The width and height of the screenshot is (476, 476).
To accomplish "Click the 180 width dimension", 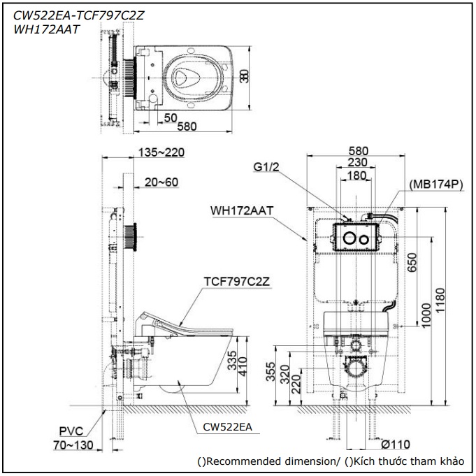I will (356, 175).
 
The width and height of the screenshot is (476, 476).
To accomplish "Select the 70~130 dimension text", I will (73, 445).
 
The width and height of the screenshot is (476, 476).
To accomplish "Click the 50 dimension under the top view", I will (170, 116).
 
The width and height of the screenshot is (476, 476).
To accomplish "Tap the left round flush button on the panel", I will (348, 238).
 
